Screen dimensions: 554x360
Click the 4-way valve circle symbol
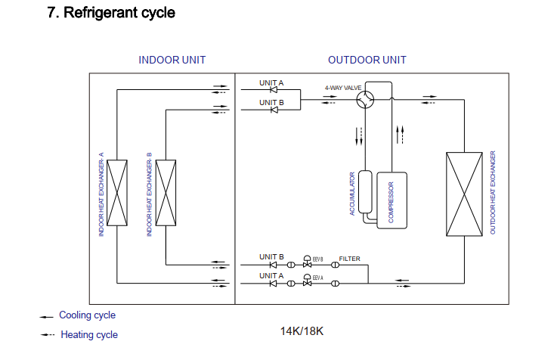point(365,99)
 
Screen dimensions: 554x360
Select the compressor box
point(392,200)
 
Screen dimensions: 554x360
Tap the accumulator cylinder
point(365,192)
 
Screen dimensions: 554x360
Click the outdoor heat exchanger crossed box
point(464,194)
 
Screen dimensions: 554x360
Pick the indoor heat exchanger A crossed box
point(117,193)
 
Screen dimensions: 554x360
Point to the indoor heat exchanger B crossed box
point(166,193)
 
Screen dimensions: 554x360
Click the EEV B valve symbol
point(308,262)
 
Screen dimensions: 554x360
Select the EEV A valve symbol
point(308,281)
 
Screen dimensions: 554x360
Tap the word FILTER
point(349,259)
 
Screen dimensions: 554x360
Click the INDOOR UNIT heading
point(172,60)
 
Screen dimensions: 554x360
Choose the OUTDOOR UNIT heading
point(367,60)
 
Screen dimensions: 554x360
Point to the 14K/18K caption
point(302,331)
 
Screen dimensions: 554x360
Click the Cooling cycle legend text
point(87,315)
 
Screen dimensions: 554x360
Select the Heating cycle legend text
point(89,334)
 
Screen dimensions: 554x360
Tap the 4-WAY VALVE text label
point(343,88)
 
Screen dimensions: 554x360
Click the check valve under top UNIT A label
point(274,90)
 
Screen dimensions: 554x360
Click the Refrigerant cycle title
point(111,13)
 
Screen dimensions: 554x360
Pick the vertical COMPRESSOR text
point(391,202)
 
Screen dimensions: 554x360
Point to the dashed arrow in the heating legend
point(48,334)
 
